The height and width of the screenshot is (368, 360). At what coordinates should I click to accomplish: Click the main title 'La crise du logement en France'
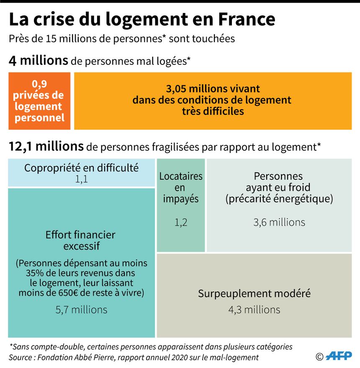[142, 19]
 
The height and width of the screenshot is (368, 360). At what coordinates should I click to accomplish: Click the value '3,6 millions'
[279, 222]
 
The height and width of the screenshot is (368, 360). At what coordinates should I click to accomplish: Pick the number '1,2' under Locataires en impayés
[181, 222]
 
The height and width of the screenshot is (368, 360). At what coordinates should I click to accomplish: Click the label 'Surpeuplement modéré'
[254, 293]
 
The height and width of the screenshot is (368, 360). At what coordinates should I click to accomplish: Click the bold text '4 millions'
[38, 61]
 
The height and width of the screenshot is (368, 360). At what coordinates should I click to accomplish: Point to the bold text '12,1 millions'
[46, 146]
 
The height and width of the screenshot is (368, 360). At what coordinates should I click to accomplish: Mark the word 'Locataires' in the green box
[181, 176]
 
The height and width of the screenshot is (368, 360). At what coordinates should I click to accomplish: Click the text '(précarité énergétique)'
[279, 199]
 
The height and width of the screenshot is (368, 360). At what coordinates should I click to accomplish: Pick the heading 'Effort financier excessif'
[81, 240]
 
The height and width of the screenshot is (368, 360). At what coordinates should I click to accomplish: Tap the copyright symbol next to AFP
[319, 356]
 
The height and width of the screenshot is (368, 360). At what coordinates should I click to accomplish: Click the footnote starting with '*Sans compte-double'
[151, 347]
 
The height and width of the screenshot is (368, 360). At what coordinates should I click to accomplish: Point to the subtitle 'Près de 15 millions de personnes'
[122, 38]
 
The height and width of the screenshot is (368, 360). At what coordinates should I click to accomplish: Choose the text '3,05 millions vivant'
[213, 89]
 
